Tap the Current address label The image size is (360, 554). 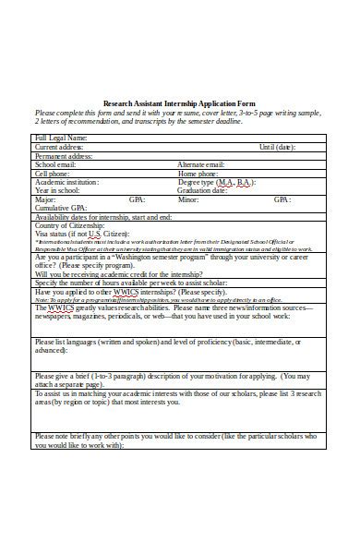[59, 146]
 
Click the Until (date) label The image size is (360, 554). [277, 146]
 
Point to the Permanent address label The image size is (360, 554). [65, 155]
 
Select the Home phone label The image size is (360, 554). [199, 173]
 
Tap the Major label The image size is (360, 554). [45, 199]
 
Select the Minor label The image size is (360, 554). [188, 199]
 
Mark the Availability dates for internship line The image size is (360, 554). [102, 217]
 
